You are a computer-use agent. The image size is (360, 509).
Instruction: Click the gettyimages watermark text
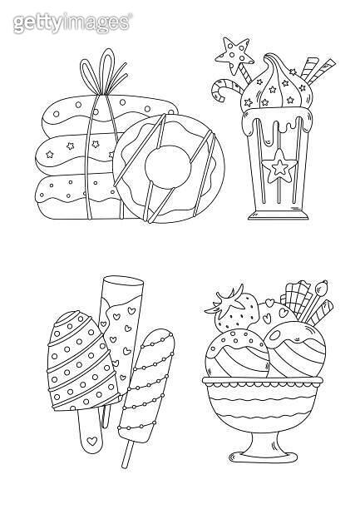[72, 22]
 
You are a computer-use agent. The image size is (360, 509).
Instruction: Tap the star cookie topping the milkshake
[234, 55]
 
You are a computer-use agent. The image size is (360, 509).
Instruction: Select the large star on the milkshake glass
[279, 166]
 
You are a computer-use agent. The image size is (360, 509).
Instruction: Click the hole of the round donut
[168, 166]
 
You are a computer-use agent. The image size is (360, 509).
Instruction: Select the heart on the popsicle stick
[92, 441]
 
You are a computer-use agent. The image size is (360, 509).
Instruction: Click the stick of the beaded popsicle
[128, 452]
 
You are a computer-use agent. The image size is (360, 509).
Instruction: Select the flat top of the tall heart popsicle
[123, 281]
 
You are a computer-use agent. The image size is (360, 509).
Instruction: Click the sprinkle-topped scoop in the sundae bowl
[237, 353]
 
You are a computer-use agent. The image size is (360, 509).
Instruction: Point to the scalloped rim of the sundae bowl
[263, 383]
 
